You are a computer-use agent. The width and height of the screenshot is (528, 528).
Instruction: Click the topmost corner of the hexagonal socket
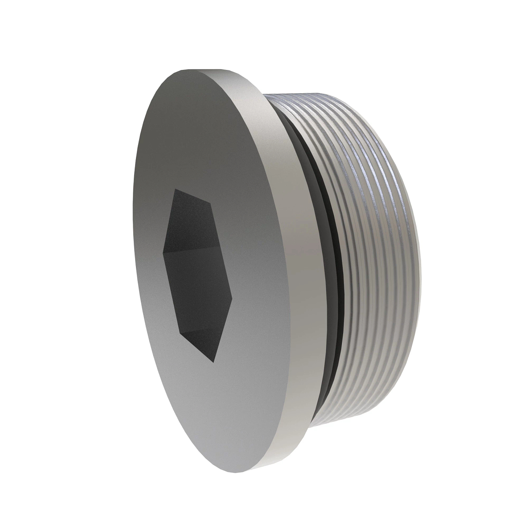[175, 190]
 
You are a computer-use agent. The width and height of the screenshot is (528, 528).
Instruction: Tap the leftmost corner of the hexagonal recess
[163, 253]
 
